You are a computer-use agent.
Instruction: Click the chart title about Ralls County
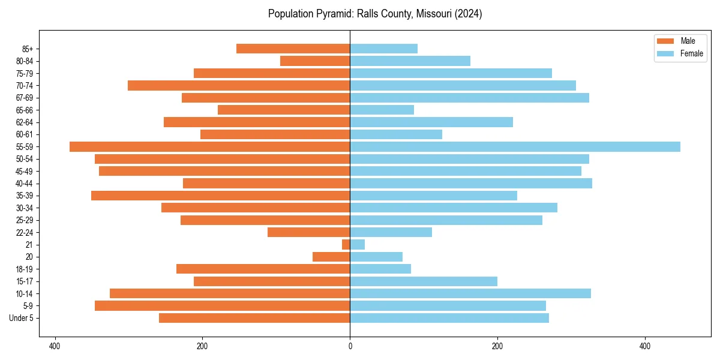click(x=375, y=14)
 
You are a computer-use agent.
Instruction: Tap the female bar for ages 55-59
click(x=515, y=147)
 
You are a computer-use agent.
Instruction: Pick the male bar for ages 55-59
click(x=209, y=147)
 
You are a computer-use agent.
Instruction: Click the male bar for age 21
click(x=346, y=245)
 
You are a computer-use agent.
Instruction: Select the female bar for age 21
click(x=357, y=245)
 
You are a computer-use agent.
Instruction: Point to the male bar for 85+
click(x=293, y=49)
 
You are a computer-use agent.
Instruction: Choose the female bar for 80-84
click(x=410, y=61)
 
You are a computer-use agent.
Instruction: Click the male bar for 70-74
click(x=239, y=86)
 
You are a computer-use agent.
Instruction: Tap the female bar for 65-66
click(x=382, y=110)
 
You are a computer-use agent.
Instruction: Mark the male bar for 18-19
click(x=263, y=269)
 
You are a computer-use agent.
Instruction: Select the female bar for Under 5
click(x=449, y=318)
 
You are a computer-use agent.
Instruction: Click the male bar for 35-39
click(x=220, y=196)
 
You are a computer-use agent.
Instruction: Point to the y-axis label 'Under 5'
click(x=22, y=318)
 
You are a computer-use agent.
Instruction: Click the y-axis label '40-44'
click(x=25, y=184)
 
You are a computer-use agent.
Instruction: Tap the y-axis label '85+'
click(x=27, y=49)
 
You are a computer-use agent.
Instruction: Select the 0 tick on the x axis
click(x=350, y=346)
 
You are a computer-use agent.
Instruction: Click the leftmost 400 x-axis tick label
click(x=55, y=346)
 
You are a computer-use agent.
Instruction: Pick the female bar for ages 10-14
click(x=470, y=293)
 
